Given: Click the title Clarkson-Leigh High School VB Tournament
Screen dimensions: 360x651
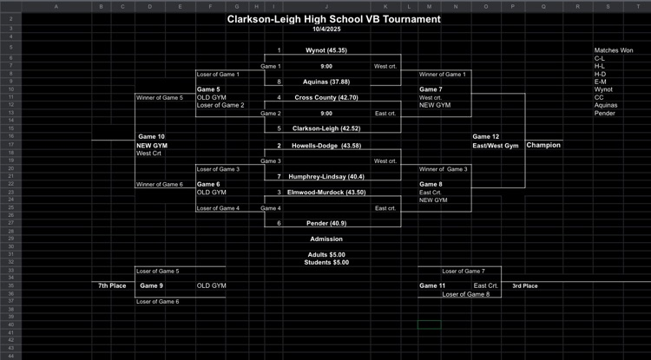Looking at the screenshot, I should (x=334, y=18).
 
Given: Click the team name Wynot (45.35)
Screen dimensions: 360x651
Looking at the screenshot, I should (x=326, y=50).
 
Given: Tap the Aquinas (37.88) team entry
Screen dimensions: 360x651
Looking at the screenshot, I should (x=326, y=82).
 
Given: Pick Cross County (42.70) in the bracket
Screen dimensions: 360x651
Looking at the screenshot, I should (x=326, y=97).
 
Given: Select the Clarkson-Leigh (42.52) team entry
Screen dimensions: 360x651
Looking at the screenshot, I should (x=326, y=128).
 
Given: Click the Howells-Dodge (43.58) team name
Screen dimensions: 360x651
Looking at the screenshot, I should (x=326, y=145).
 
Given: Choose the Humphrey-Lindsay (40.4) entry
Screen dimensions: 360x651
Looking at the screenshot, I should (x=326, y=176).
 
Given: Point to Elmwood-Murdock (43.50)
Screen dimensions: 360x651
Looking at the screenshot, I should (x=326, y=192).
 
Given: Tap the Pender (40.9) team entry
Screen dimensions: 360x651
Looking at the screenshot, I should (x=326, y=223).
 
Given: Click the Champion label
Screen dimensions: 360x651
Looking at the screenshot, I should (x=543, y=145).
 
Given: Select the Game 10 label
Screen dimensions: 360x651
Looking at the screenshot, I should (x=151, y=136).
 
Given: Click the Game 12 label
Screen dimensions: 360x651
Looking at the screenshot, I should (x=485, y=136).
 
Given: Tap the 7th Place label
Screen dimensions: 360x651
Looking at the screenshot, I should (x=112, y=285).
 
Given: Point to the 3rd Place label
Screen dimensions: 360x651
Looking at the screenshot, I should (x=524, y=285).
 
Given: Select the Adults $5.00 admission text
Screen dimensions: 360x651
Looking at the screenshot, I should (x=326, y=254).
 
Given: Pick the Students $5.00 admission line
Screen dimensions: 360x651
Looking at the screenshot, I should (x=326, y=262).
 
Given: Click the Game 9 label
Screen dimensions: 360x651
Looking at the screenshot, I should (x=151, y=285).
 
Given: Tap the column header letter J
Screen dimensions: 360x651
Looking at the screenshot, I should (x=326, y=6).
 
